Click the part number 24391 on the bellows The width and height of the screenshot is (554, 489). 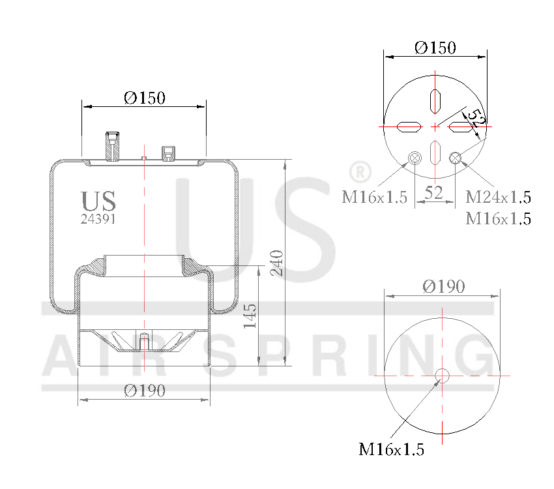[x=98, y=220]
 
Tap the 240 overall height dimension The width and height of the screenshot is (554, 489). [x=276, y=262]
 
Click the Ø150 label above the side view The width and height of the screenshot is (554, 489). [x=144, y=98]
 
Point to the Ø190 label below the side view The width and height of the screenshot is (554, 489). [x=144, y=391]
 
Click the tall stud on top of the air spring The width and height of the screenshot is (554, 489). [x=112, y=146]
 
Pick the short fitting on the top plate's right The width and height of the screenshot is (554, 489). [x=168, y=153]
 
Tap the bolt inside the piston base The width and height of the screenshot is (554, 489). [x=144, y=341]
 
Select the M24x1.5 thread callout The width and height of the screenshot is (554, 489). [x=498, y=197]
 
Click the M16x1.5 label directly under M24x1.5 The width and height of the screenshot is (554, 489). [x=498, y=219]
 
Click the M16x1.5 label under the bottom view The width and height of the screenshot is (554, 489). [x=391, y=449]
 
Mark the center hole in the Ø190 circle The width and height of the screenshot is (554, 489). [x=443, y=376]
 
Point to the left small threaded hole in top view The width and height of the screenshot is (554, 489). [x=415, y=157]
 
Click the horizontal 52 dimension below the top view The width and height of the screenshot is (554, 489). [x=434, y=192]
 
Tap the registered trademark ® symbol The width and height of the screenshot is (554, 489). [x=360, y=172]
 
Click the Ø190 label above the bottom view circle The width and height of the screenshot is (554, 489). [x=443, y=286]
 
